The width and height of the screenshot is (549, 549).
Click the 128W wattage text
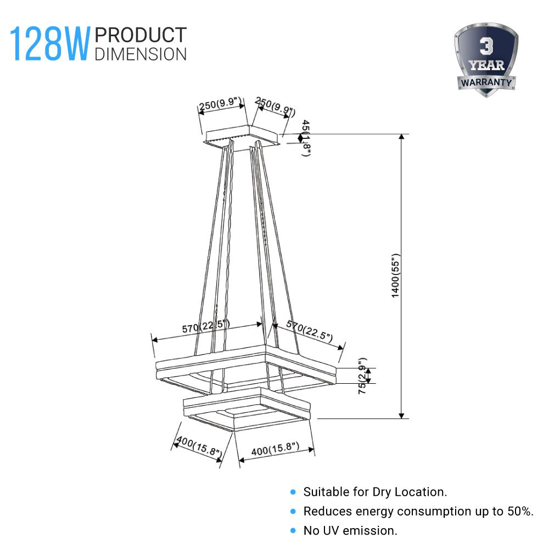pyautogui.click(x=49, y=44)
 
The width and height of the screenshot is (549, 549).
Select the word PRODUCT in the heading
pyautogui.click(x=141, y=35)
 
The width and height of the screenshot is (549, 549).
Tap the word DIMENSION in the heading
pyautogui.click(x=141, y=53)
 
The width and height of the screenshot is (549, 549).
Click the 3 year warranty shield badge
pyautogui.click(x=486, y=60)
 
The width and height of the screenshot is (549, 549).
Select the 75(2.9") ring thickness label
pyautogui.click(x=362, y=376)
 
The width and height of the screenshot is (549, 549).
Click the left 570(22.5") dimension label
pyautogui.click(x=206, y=328)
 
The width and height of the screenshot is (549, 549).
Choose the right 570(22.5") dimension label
pyautogui.click(x=309, y=332)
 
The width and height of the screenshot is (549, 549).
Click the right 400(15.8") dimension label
pyautogui.click(x=275, y=450)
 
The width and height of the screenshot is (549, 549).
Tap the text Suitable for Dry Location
pyautogui.click(x=375, y=492)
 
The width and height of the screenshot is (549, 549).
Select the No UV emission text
pyautogui.click(x=350, y=530)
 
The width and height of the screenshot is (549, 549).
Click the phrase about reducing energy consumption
pyautogui.click(x=418, y=511)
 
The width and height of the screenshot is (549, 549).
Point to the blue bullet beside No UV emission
pyautogui.click(x=293, y=531)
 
